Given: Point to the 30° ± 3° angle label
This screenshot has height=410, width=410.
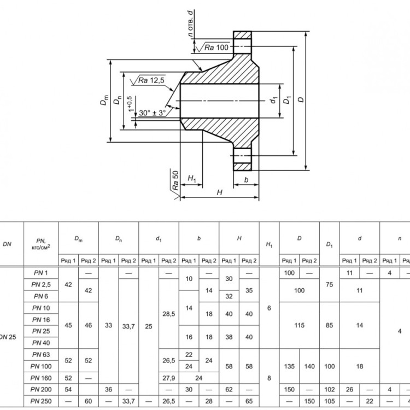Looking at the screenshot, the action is (x=152, y=113).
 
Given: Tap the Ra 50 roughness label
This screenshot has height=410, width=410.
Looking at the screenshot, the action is (x=175, y=180).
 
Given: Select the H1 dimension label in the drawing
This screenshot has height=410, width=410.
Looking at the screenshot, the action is (x=192, y=179).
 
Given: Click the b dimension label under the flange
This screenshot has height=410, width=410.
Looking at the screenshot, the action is (x=246, y=180).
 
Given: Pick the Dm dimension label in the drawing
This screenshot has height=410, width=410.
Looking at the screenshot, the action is (x=104, y=100).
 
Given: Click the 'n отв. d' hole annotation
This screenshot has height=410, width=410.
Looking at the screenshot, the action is (x=191, y=24).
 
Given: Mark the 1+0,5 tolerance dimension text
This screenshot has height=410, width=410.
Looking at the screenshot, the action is (x=131, y=104).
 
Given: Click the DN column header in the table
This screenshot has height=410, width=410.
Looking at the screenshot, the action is (x=7, y=244).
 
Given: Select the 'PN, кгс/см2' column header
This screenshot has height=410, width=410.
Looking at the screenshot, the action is (x=41, y=244).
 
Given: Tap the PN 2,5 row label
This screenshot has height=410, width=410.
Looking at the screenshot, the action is (x=41, y=284).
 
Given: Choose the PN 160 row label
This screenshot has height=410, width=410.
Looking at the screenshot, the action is (x=41, y=378).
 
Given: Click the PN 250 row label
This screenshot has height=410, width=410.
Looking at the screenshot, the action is (x=41, y=401).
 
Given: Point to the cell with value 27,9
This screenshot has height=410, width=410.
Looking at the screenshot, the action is (x=169, y=378).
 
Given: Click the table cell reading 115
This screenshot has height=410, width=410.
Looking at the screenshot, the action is (x=299, y=325).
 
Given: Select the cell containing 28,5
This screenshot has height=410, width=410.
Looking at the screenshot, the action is (x=169, y=314).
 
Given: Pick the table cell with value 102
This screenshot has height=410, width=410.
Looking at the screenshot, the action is (x=330, y=390).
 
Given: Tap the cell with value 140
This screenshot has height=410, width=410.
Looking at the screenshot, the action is (x=309, y=366).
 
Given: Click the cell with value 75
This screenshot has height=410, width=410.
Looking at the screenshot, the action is (x=330, y=284).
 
